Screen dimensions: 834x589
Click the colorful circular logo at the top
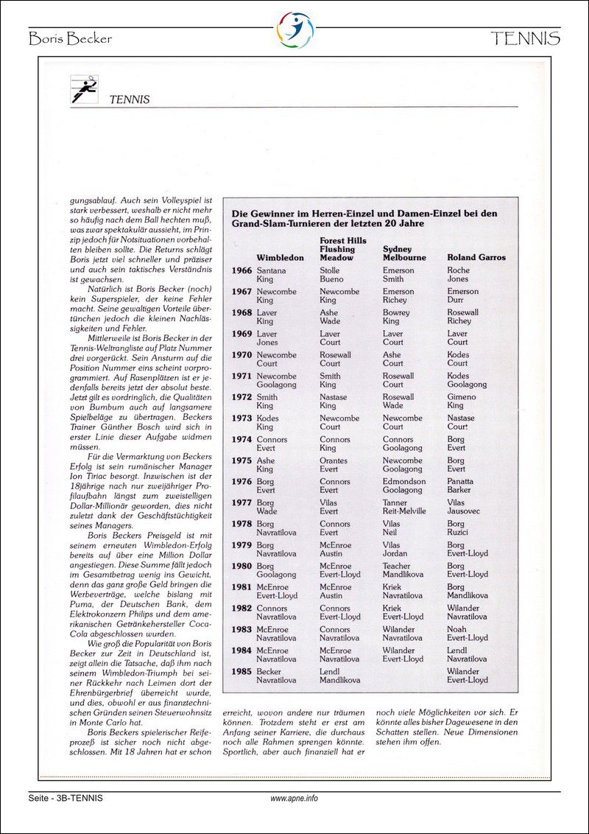294,30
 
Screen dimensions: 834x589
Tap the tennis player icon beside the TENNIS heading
83,89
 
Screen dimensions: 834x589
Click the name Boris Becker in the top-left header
71,39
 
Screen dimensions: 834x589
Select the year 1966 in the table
241,270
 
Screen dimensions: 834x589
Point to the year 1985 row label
241,672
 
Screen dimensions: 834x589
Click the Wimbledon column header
280,258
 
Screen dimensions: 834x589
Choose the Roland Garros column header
476,258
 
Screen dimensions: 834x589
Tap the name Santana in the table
272,270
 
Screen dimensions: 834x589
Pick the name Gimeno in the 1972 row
462,397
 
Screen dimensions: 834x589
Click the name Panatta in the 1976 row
462,482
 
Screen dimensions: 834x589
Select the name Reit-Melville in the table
404,511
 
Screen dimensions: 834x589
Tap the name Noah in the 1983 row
456,630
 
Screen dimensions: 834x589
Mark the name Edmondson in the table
404,482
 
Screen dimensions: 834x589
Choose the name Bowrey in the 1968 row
396,312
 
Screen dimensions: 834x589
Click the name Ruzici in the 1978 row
459,533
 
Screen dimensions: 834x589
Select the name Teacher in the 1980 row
397,567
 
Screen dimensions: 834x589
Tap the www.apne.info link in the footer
294,798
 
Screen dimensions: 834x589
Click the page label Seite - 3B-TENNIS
66,798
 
